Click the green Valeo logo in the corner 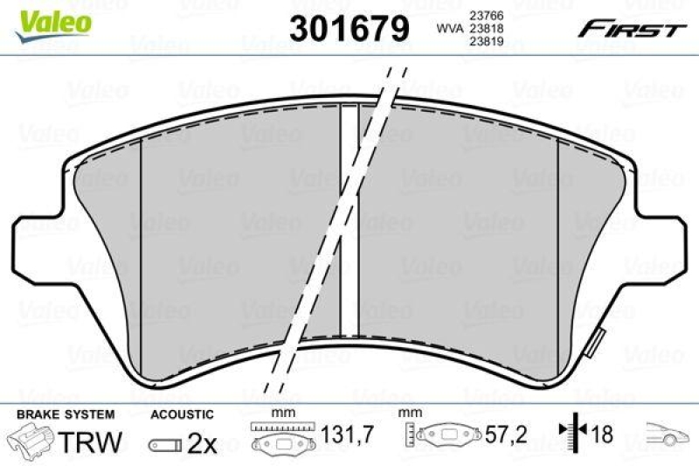[54, 20]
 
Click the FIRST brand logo [628, 29]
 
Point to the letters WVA [449, 29]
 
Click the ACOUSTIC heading [182, 414]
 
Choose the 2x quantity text [202, 443]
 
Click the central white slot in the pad [349, 219]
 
